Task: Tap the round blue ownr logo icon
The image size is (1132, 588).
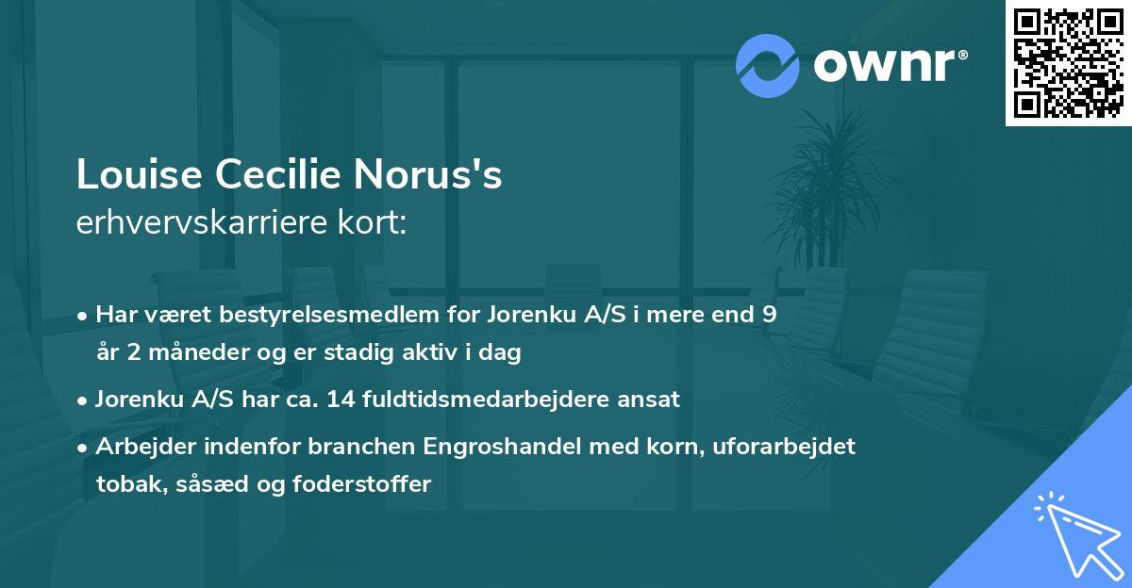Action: tap(769, 66)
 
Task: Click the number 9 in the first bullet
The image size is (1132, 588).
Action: tap(770, 315)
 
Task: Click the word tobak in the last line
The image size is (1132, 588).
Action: tap(125, 484)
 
